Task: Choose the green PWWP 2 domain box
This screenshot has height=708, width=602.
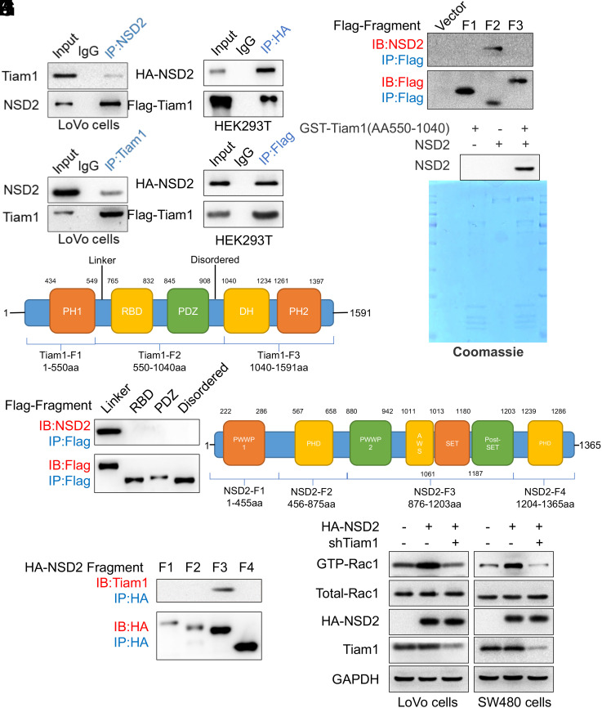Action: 372,444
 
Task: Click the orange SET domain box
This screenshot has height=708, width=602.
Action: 452,444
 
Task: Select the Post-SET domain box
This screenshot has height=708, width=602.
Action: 492,444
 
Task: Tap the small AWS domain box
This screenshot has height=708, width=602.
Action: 419,444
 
